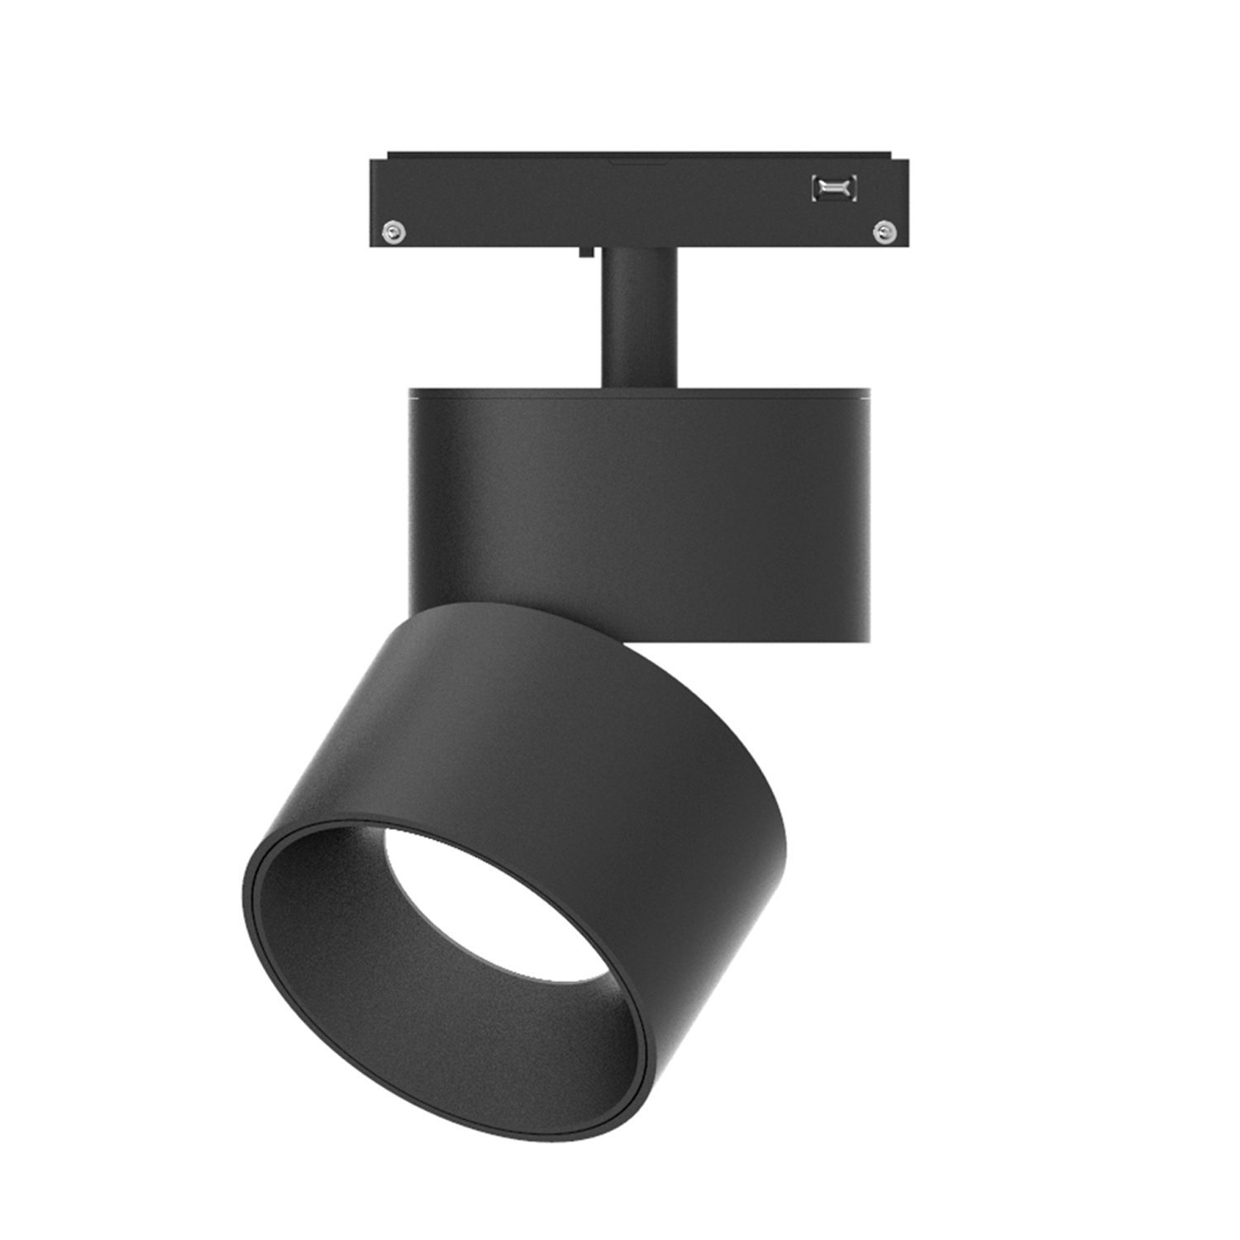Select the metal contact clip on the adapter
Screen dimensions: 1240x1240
[834, 188]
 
